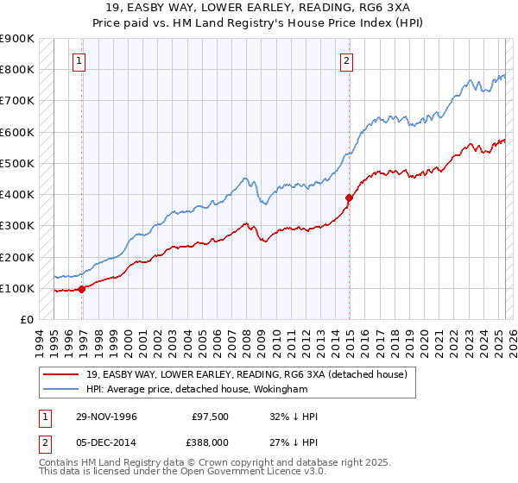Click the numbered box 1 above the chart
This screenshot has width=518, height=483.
pyautogui.click(x=79, y=60)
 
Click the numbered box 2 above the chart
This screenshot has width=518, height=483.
pyautogui.click(x=345, y=60)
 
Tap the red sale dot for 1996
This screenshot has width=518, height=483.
pyautogui.click(x=82, y=289)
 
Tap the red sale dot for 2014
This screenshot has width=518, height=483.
pyautogui.click(x=350, y=198)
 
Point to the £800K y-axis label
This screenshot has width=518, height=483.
pyautogui.click(x=17, y=69)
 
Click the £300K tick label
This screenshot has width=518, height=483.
pyautogui.click(x=17, y=226)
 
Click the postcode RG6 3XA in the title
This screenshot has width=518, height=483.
pyautogui.click(x=382, y=9)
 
